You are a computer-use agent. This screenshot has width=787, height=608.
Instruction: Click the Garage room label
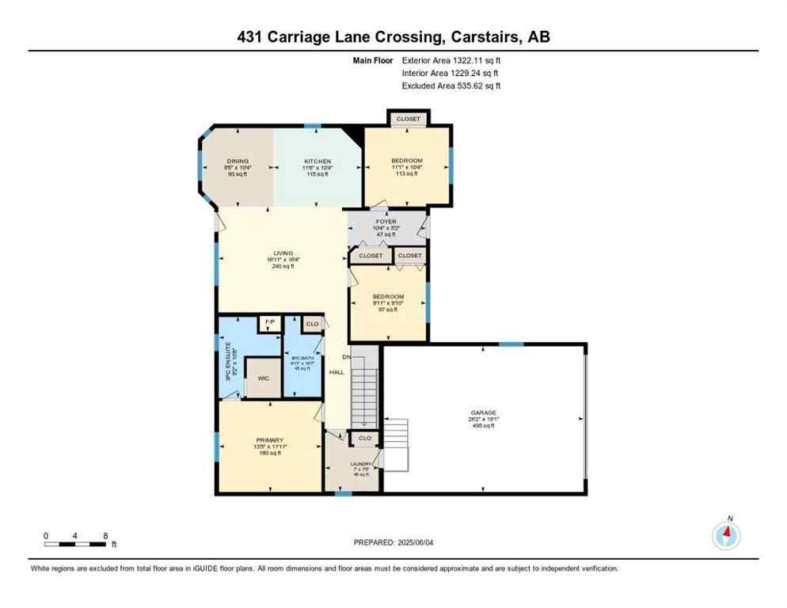pos(483,412)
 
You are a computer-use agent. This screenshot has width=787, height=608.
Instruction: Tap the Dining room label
pos(238,161)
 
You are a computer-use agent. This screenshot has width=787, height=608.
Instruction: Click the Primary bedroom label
pos(269,440)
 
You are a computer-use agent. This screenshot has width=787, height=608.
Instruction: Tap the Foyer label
pos(386,222)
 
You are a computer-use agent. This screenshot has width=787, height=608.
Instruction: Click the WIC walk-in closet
pos(264,378)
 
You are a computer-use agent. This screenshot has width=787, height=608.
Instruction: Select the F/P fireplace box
pos(269,323)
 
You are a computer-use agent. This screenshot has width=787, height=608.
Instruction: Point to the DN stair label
pos(346,356)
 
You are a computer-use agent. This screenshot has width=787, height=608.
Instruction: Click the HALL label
pos(336,371)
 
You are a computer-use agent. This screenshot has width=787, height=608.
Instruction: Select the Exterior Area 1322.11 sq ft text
pos(451,60)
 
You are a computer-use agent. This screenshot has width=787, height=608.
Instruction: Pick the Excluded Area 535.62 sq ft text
pos(451,85)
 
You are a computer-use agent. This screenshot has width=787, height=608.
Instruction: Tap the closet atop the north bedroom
pos(409,119)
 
